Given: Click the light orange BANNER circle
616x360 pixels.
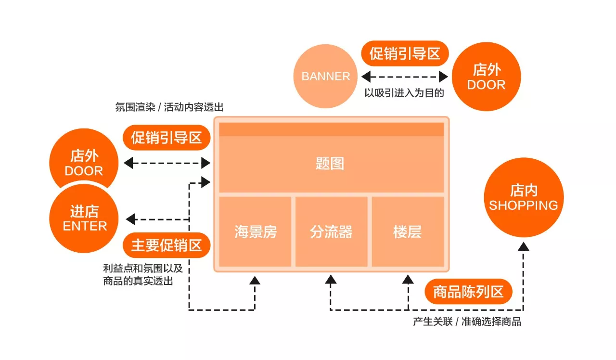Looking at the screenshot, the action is [x=325, y=76].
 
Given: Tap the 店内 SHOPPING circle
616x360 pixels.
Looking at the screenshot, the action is [x=524, y=197].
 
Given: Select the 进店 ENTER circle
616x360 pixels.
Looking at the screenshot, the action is [x=84, y=219].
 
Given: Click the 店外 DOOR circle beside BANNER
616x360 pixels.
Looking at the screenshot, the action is [x=486, y=77].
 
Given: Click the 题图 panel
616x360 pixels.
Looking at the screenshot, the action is [x=332, y=164].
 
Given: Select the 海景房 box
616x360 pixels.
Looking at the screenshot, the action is [x=255, y=231].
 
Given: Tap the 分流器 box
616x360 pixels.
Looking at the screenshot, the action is [x=332, y=231].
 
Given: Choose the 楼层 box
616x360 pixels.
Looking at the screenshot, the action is [x=408, y=231].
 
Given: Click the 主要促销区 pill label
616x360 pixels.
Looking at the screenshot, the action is [x=167, y=245].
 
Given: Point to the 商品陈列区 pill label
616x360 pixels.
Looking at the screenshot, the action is [x=468, y=292].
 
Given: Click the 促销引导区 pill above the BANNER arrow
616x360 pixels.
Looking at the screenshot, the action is [x=405, y=53].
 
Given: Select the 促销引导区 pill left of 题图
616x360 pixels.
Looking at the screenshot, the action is [x=167, y=138].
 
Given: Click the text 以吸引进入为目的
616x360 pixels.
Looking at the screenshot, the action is [x=404, y=93].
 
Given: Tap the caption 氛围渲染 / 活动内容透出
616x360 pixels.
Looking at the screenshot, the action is [x=169, y=107].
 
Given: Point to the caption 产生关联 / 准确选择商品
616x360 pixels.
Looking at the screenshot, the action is [x=467, y=321].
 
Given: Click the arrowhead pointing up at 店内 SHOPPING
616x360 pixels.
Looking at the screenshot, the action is [x=523, y=247].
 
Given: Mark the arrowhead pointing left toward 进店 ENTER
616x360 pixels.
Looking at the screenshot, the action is [x=130, y=219].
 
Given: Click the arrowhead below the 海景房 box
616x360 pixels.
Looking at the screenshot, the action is [x=255, y=280].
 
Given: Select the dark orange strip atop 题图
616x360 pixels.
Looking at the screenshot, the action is [x=332, y=129].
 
